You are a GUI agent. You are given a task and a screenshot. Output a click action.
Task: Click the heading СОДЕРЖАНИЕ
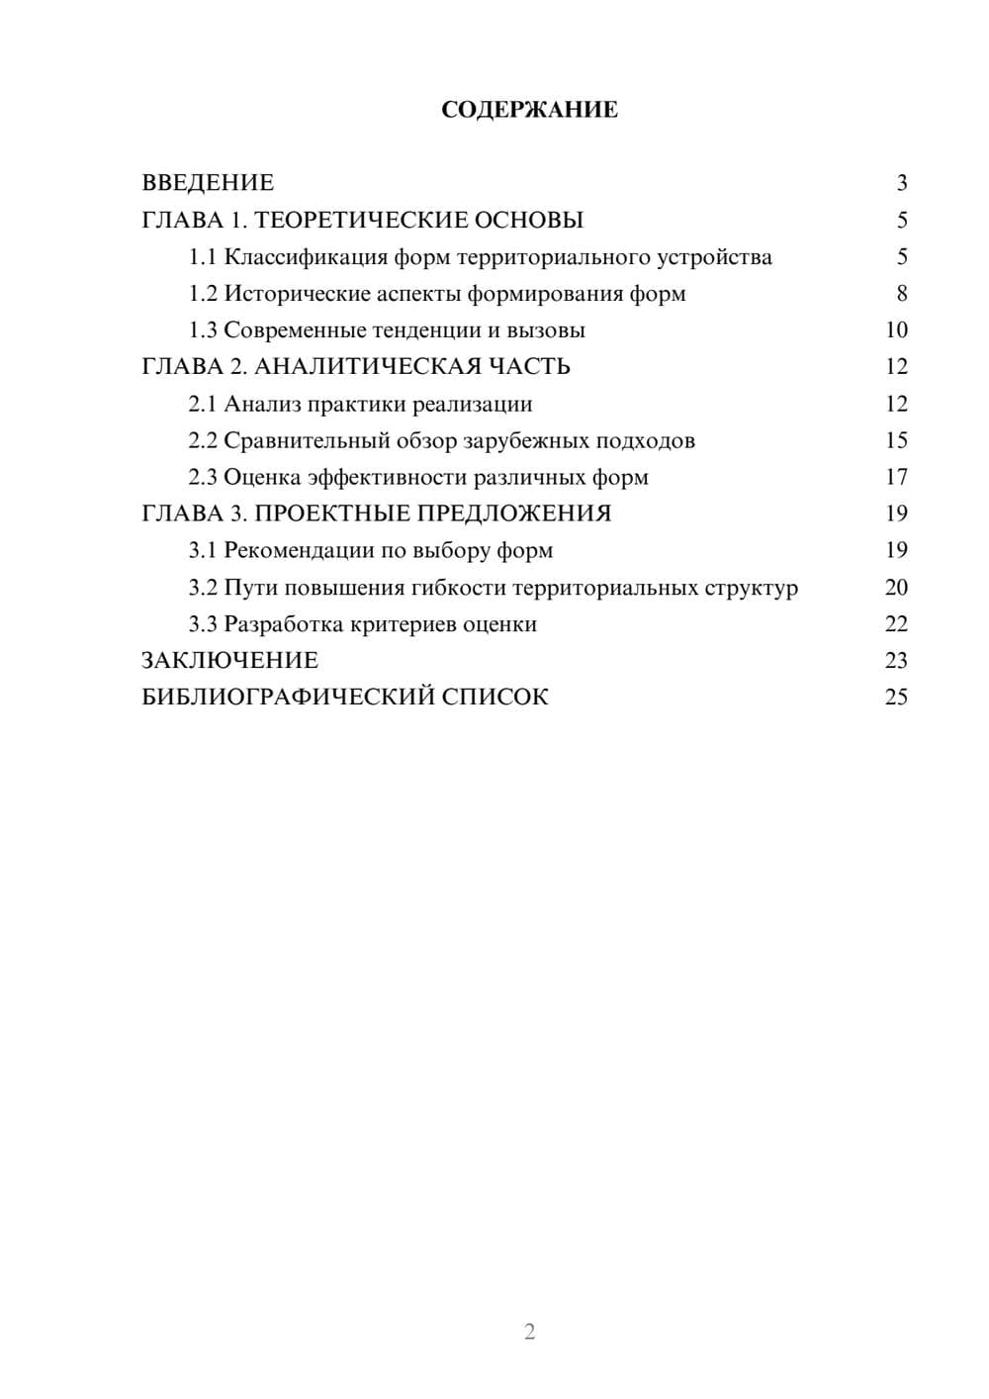tap(529, 110)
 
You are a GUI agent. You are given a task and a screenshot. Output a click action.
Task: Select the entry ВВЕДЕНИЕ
tap(208, 183)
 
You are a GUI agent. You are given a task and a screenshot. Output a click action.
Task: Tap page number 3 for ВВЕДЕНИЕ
tap(901, 183)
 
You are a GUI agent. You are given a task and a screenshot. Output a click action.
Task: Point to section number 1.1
tap(202, 257)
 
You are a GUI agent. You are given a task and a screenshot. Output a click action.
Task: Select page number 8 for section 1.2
tap(901, 294)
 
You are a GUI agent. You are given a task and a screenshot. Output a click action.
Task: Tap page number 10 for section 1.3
tap(896, 330)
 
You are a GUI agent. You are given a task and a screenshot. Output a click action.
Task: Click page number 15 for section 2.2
tap(896, 440)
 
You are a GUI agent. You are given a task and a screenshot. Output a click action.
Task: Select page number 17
tap(896, 477)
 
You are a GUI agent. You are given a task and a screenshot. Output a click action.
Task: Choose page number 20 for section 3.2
tap(896, 588)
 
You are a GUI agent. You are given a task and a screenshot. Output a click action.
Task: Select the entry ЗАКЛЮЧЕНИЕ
tap(229, 660)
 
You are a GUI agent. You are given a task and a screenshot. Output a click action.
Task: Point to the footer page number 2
tap(529, 1332)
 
